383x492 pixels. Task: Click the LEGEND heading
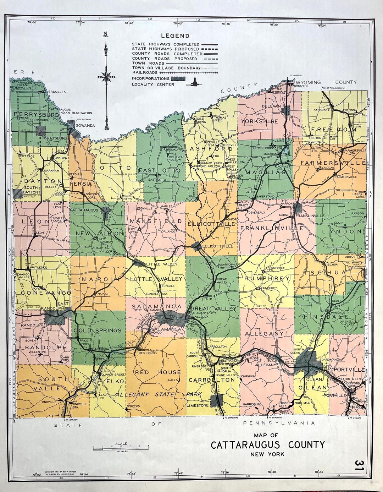coord(175,36)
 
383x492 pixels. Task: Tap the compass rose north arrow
coord(106,76)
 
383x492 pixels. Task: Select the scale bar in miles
coord(121,448)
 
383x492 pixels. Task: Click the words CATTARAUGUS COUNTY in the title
coord(267,445)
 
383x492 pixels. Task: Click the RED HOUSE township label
coord(157,372)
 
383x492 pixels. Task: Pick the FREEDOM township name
coord(333,130)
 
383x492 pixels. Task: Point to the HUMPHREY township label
coord(267,279)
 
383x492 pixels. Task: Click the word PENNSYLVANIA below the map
coord(279,423)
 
